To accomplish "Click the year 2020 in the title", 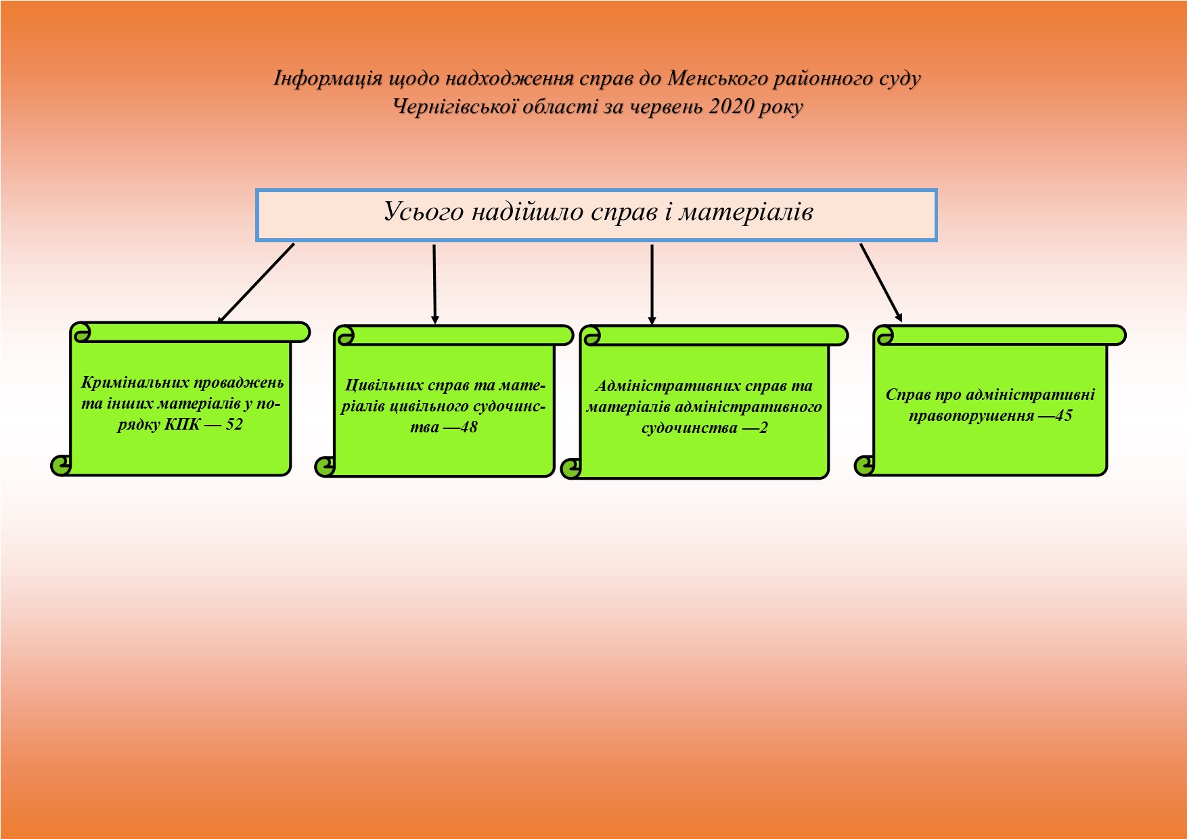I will click(730, 107).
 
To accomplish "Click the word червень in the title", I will click(667, 107).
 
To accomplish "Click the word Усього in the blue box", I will click(424, 212).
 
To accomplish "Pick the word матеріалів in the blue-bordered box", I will click(746, 212).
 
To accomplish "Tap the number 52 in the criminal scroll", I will click(233, 425).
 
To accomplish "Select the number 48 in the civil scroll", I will click(468, 428).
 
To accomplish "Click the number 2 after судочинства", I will click(763, 428).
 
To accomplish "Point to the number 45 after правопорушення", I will click(1064, 415).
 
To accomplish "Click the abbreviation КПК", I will click(183, 425).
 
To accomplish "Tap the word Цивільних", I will click(384, 386).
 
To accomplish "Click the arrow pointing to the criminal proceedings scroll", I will click(256, 283).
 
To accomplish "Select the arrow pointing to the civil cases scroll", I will click(434, 284).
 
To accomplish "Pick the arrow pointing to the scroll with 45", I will click(880, 282).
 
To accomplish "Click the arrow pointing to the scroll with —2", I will click(652, 284).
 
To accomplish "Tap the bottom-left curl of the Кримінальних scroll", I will click(60, 465).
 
